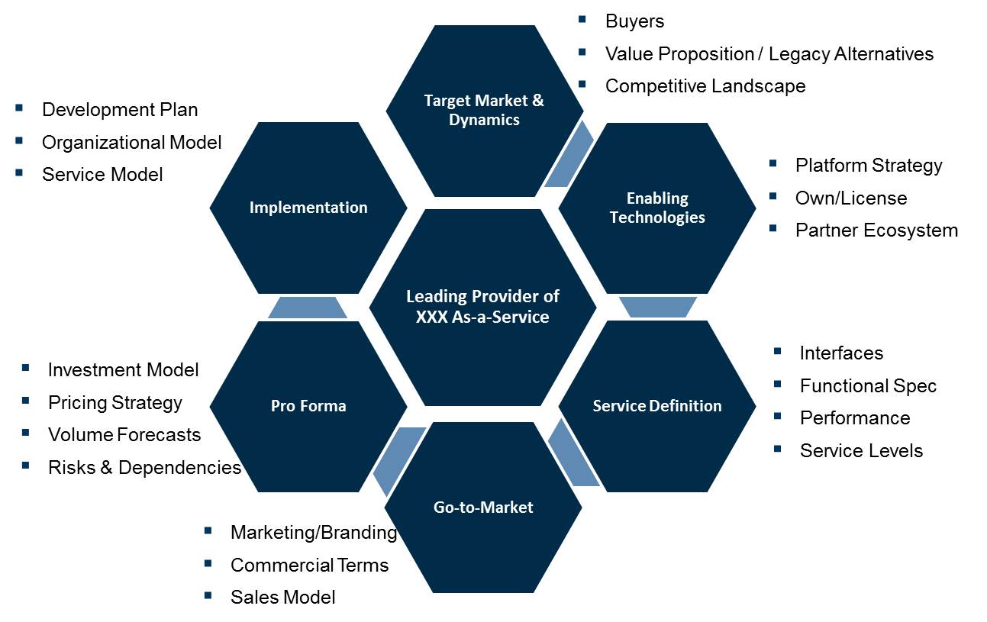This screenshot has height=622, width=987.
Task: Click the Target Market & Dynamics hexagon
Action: coord(484,111)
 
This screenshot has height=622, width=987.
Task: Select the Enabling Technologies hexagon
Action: coord(657,208)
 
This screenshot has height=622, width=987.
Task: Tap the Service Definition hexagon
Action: coord(657,405)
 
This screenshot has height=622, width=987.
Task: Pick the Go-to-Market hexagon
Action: coord(483,507)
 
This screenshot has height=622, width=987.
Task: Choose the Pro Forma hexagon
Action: coord(308,405)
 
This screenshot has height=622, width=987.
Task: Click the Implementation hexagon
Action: coord(308,208)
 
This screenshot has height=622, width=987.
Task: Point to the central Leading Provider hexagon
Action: coord(482,307)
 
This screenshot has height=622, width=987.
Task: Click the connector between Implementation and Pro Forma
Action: coord(308,308)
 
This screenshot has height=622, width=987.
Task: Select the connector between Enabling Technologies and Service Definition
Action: coord(657,307)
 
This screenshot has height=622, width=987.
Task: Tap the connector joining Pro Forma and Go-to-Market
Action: coord(398,459)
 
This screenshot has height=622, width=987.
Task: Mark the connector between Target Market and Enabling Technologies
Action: coord(569,155)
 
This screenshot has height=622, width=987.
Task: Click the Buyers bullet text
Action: coord(634,21)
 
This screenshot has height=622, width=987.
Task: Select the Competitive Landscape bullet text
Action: coord(705,86)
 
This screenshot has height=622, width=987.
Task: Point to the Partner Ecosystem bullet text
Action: coord(876,230)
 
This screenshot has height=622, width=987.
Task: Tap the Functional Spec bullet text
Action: coord(868,386)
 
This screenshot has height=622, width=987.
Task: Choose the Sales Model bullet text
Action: coord(282,597)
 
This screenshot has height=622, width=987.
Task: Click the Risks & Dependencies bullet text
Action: coord(144,467)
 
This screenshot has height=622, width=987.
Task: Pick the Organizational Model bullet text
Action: coord(131,143)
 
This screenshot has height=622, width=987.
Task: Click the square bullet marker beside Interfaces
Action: coord(777,352)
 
